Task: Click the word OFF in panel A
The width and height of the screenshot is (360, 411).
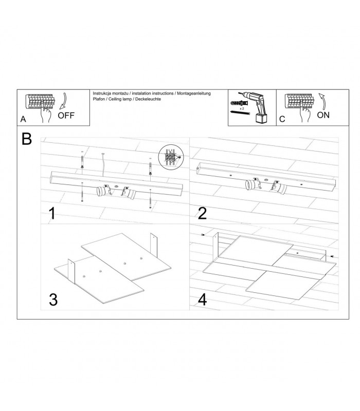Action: pos(66,116)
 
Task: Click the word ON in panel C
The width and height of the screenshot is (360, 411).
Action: pos(323,115)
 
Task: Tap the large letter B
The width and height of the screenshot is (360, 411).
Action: pos(27,139)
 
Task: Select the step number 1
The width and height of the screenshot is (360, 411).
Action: pos(52,213)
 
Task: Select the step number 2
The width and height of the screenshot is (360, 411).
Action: pos(202,213)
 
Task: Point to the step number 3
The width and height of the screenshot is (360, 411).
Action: pos(53,300)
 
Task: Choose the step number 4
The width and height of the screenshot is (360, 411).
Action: pos(202,300)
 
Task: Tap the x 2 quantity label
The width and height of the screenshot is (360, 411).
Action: pos(242,108)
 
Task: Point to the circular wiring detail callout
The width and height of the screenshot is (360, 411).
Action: pos(171,157)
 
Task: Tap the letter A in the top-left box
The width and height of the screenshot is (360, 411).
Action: pos(23,119)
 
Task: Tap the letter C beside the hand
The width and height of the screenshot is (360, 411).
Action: pos(282,119)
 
